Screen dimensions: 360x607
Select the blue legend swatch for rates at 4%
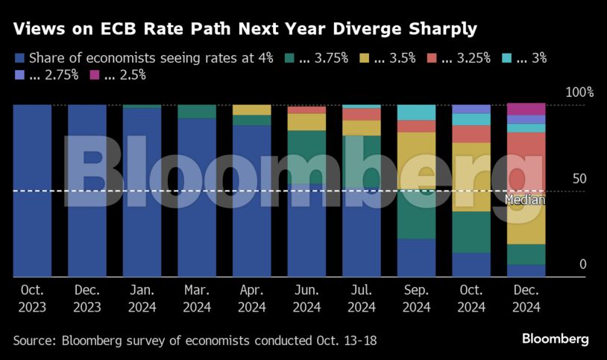19,57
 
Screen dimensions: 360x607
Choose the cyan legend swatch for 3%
507,57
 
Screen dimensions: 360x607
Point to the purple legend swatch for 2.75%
19,75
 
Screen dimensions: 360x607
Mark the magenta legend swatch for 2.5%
95,75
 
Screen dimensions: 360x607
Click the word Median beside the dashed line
525,200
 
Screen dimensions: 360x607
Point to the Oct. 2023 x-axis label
32,297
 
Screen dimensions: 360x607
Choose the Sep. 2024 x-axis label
416,297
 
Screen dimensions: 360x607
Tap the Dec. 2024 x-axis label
526,297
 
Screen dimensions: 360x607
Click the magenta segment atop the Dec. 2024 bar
526,110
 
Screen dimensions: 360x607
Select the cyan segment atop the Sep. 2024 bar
416,113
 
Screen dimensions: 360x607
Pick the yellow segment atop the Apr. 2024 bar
251,110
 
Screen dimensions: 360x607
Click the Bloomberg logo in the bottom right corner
555,339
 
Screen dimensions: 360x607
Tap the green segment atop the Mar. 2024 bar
197,111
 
